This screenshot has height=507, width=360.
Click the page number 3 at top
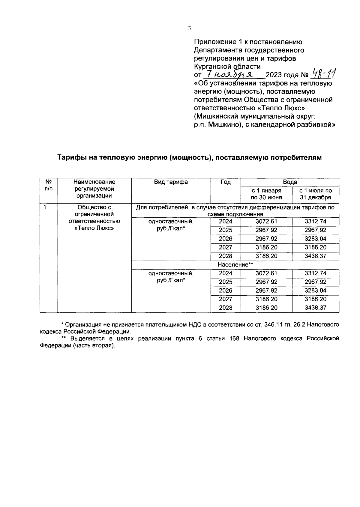click(x=189, y=28)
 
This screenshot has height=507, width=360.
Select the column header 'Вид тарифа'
click(x=171, y=182)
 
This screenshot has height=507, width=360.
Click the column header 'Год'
click(x=226, y=182)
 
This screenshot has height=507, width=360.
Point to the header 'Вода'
click(x=290, y=182)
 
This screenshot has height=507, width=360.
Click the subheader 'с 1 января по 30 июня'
click(x=266, y=194)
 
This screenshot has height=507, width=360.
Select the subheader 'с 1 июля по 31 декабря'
click(x=316, y=194)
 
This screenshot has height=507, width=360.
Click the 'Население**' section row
click(x=235, y=265)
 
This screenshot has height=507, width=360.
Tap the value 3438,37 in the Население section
click(x=316, y=308)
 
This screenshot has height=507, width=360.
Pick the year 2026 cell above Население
click(x=226, y=239)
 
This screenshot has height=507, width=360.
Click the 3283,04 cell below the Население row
click(x=316, y=291)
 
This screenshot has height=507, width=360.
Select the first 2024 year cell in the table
click(x=226, y=222)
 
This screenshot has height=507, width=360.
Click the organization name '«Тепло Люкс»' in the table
click(x=94, y=228)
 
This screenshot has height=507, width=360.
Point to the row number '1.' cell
click(x=45, y=207)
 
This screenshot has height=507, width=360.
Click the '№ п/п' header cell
click(x=49, y=185)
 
